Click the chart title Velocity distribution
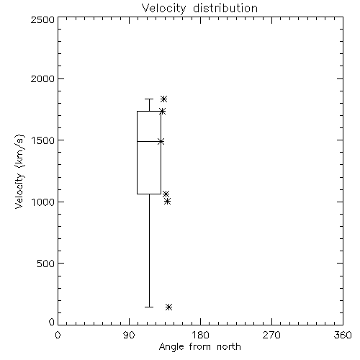[199, 9]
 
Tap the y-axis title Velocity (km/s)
[19, 171]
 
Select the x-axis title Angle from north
[199, 347]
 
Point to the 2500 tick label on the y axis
[42, 19]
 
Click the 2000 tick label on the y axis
[42, 78]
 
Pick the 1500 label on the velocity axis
[42, 140]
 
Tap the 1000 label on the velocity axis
[42, 202]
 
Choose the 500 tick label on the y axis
[45, 264]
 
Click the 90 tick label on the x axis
[129, 335]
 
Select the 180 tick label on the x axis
[200, 335]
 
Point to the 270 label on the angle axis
[271, 335]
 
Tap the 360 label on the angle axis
[343, 335]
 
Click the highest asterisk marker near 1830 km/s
[164, 99]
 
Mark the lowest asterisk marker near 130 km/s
[168, 307]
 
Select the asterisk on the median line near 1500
[161, 142]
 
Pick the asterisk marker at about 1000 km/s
[168, 202]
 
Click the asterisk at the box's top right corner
[163, 111]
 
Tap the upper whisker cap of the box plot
[149, 99]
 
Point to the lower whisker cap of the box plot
[149, 307]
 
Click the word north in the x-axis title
[229, 347]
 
